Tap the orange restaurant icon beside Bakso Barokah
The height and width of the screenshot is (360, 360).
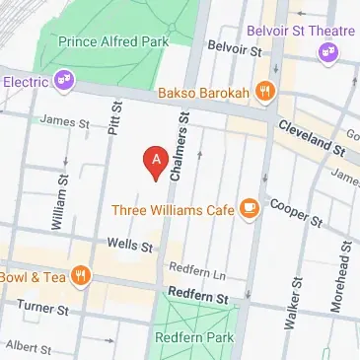click(x=263, y=93)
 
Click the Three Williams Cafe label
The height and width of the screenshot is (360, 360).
click(x=173, y=209)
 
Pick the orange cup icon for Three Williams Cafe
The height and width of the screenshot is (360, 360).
click(x=250, y=208)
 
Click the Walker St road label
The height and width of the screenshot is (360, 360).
click(x=292, y=304)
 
